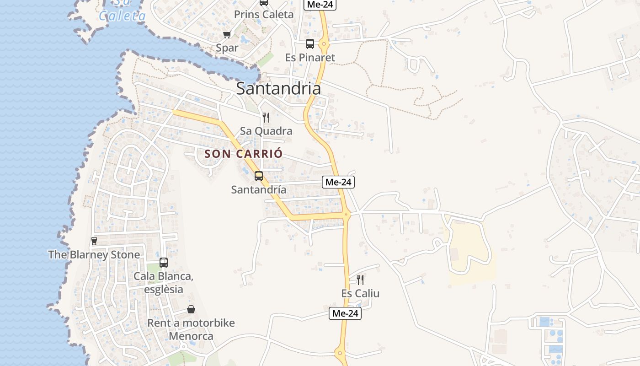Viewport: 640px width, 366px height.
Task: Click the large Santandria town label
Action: pos(278,89)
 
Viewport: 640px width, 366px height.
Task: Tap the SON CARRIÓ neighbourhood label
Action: pos(244,154)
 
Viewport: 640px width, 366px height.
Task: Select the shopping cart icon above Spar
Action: pos(227,34)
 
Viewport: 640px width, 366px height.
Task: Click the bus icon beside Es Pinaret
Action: pos(310,44)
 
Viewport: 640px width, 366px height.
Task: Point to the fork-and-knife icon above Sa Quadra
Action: pos(266,118)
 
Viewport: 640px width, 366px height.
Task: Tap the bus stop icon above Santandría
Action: pos(259,176)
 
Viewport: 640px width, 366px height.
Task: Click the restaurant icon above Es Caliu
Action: pos(360,280)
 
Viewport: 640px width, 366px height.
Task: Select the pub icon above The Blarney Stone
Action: pos(94,241)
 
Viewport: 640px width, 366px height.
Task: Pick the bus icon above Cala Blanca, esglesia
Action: pos(164,263)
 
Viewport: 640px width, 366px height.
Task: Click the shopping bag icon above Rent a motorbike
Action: pos(191,310)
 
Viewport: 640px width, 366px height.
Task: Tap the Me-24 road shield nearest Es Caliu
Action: pos(345,313)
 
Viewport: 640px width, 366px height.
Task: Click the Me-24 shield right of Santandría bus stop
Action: pos(338,182)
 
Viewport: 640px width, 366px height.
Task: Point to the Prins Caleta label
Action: pos(264,15)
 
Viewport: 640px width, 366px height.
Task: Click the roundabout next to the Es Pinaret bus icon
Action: pos(324,44)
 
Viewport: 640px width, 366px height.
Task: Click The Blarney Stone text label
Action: pos(94,255)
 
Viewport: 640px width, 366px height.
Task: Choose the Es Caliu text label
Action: pos(360,294)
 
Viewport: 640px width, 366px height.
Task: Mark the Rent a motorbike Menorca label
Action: pos(191,329)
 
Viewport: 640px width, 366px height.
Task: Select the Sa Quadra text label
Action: pos(266,131)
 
